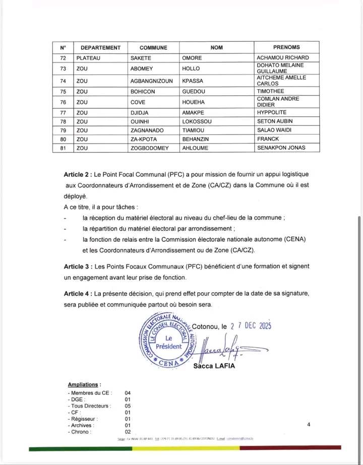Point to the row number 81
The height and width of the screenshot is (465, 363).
tap(63, 148)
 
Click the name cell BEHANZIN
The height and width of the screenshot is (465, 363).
tap(198, 139)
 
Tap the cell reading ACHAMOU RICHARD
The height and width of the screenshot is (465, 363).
tap(282, 58)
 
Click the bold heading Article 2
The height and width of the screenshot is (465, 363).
tap(79, 174)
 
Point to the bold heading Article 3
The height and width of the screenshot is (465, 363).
tap(79, 265)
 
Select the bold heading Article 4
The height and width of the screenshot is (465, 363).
tap(79, 293)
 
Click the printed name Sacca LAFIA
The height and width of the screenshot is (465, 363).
tap(214, 366)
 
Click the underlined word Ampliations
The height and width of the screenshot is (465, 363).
tap(84, 384)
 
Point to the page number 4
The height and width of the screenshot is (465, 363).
tap(308, 425)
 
